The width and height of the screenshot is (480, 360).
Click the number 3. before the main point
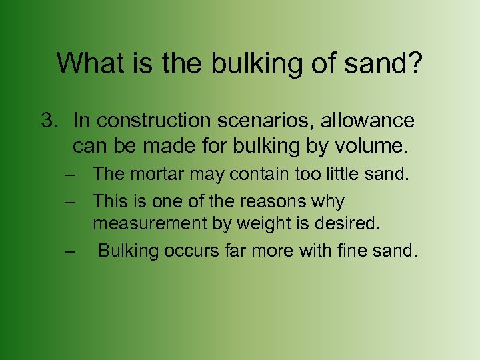(50, 121)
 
